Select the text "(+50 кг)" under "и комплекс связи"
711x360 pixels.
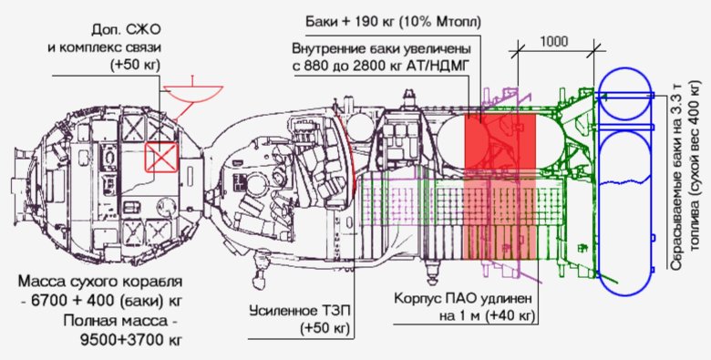point(133,67)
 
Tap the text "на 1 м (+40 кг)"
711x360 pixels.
point(465,316)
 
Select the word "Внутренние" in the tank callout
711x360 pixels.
point(327,47)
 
